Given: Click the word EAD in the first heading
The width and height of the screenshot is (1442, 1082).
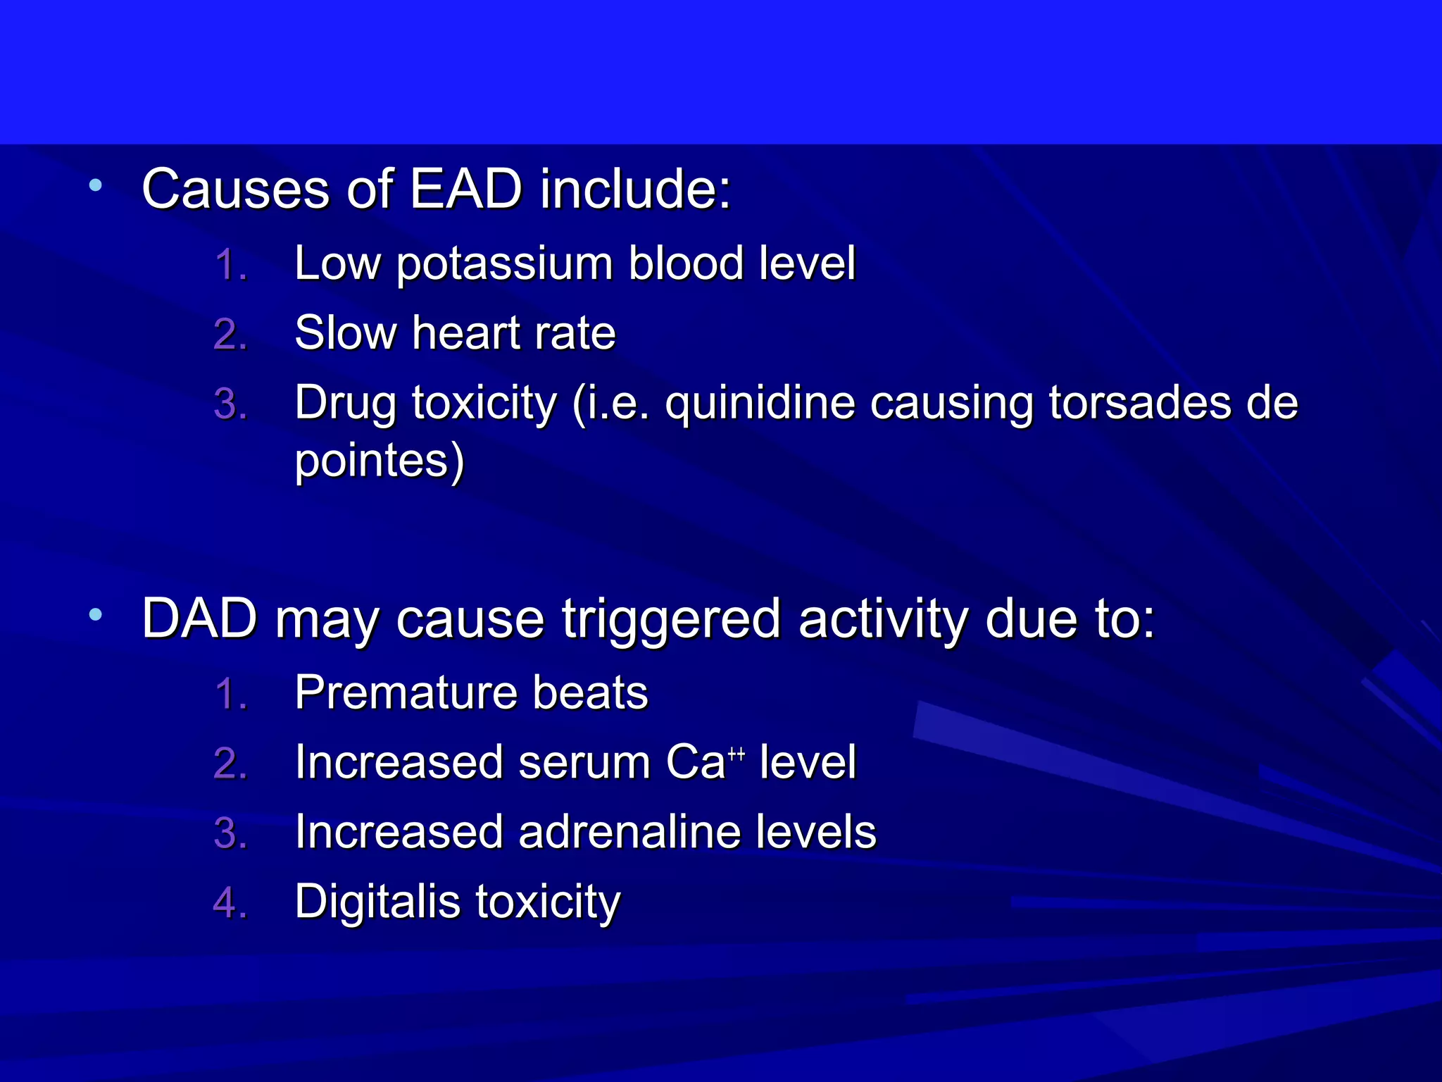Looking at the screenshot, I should [x=465, y=189].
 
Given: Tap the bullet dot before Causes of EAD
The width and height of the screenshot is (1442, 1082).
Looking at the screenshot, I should [x=96, y=186].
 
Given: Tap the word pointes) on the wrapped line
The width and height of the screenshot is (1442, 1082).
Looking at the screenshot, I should [x=380, y=462].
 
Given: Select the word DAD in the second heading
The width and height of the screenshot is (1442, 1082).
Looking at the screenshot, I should [x=200, y=619].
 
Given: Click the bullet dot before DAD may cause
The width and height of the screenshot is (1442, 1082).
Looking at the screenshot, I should [x=96, y=615].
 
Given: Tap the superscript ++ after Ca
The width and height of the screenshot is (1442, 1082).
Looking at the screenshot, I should [x=736, y=754].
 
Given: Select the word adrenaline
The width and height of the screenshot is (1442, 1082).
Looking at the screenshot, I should [x=629, y=833].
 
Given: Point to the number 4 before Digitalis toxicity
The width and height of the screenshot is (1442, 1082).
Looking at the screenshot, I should [x=227, y=903].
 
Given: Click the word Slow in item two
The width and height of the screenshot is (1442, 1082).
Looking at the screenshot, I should [x=345, y=333].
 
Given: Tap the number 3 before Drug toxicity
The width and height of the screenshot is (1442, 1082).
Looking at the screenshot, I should [x=227, y=404].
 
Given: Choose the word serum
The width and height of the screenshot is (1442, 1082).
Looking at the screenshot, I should [x=584, y=763].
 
